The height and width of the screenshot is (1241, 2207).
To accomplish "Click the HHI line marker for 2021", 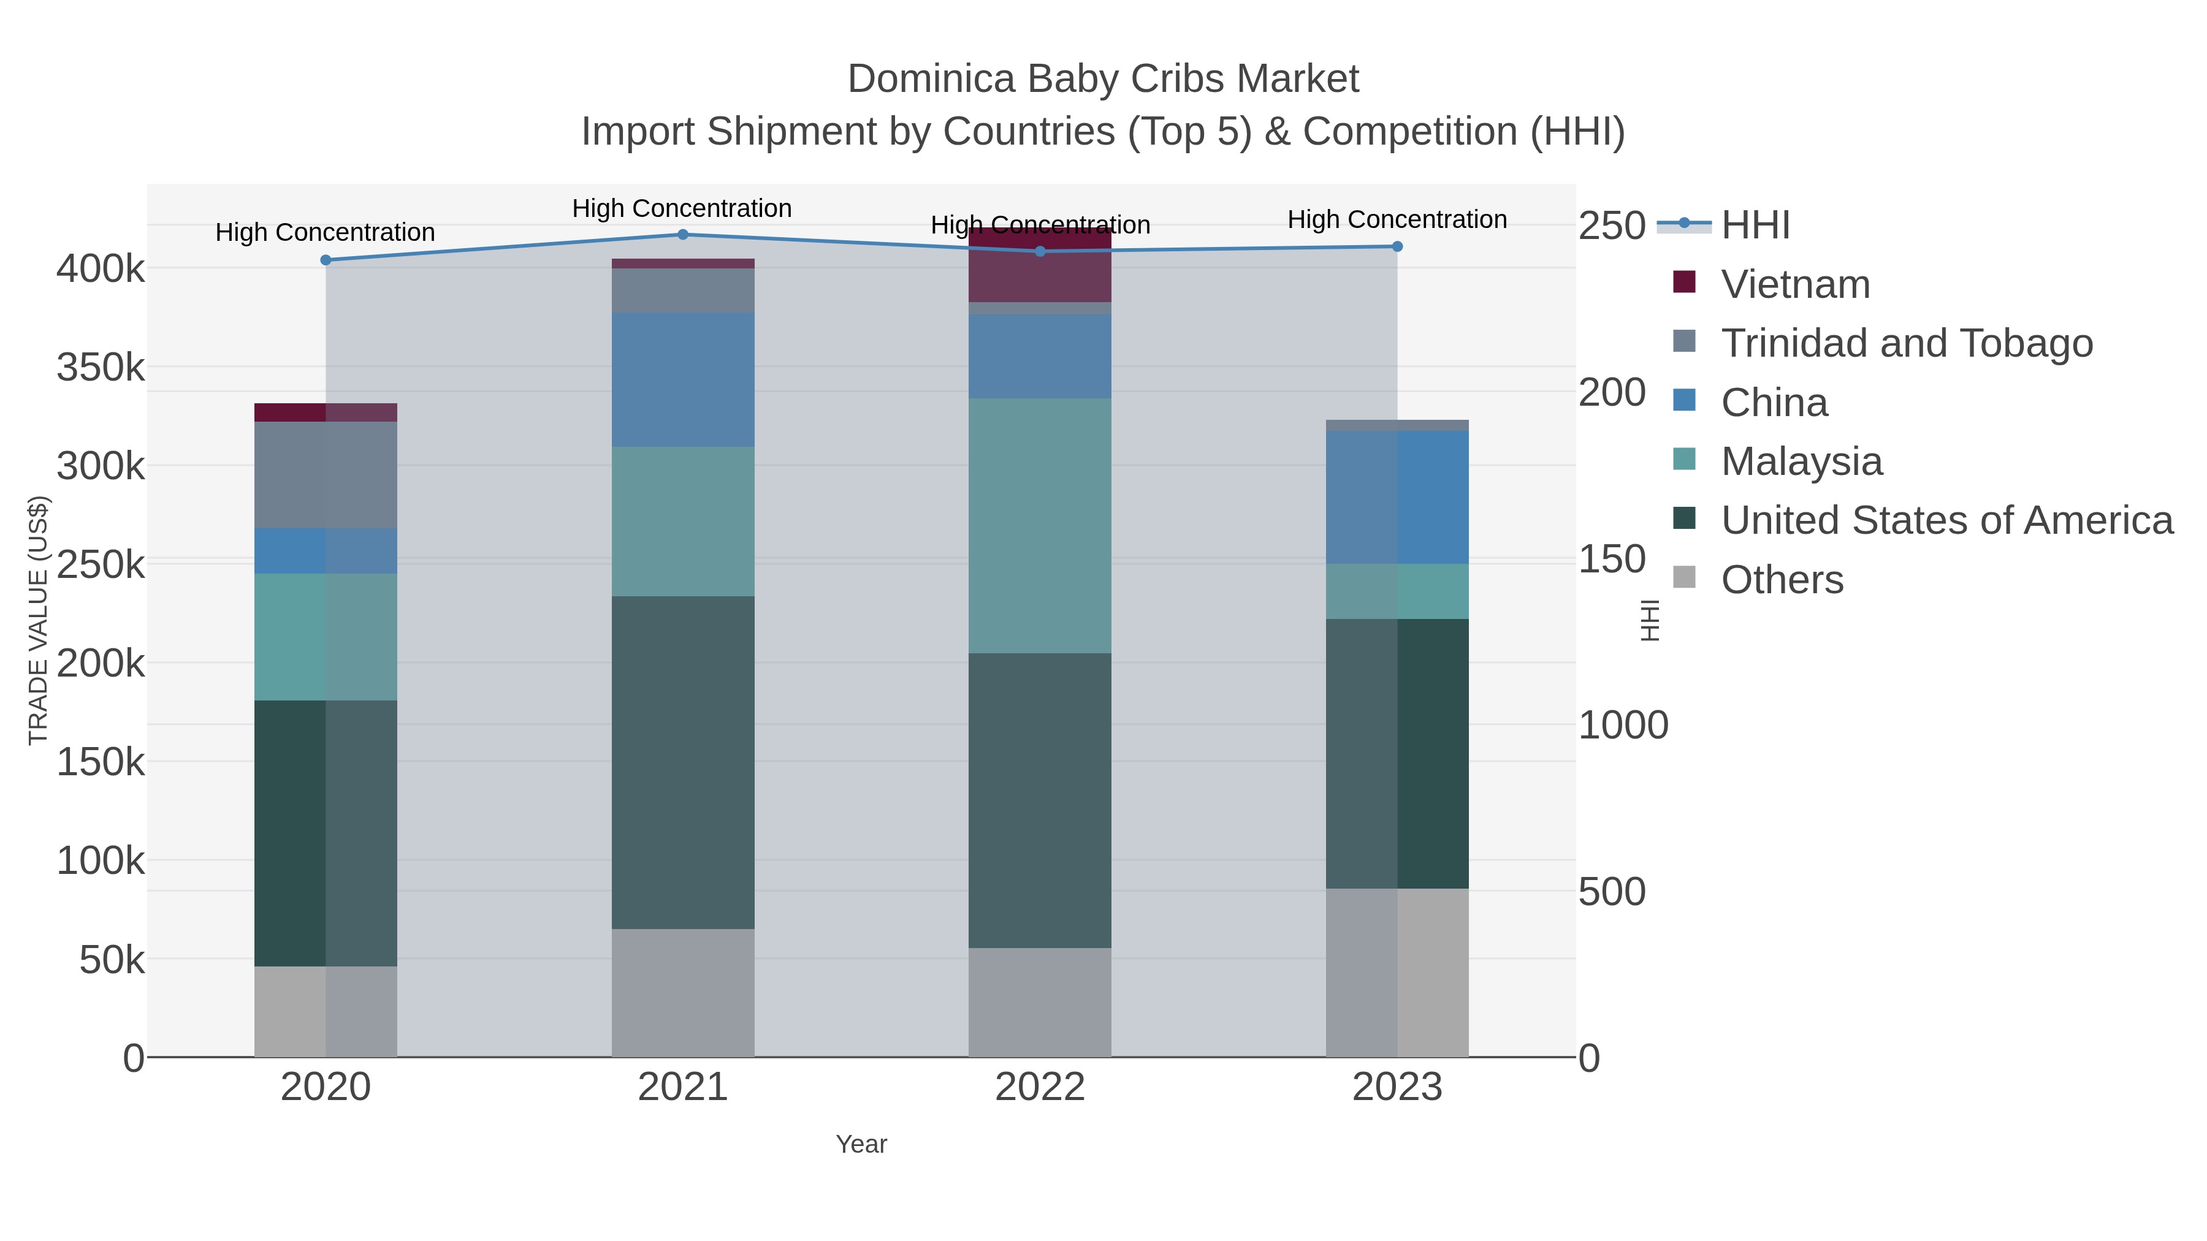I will click(683, 235).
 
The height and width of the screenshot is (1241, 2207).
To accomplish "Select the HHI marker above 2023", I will click(1397, 246).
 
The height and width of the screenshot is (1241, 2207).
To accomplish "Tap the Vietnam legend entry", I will click(1795, 284).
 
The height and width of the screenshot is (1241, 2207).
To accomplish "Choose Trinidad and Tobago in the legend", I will click(1906, 343).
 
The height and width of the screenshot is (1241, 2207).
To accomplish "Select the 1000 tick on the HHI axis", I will click(1623, 726).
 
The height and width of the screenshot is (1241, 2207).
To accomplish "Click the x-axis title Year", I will click(861, 1144).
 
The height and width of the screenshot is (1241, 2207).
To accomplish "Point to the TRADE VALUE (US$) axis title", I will click(39, 620).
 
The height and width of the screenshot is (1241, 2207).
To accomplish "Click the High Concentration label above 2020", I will click(325, 232).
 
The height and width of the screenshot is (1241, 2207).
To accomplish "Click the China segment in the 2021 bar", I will click(683, 379).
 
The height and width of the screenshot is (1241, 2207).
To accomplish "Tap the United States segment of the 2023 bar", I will click(1397, 754).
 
